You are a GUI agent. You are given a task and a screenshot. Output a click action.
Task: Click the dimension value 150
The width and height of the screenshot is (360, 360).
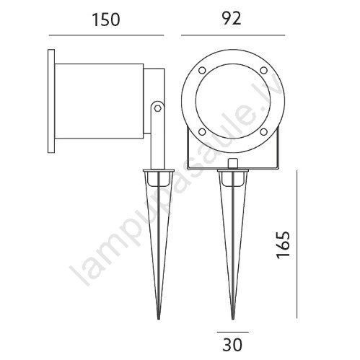pos(106,19)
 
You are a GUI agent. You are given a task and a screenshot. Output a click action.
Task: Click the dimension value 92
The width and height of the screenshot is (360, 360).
pos(232,18)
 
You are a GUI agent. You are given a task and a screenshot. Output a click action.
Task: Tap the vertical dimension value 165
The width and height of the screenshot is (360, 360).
pos(283,245)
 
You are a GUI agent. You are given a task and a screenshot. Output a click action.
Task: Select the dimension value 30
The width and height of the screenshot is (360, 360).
pos(232,345)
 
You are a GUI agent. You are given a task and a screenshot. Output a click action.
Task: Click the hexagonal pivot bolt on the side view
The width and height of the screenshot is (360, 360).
pos(157,107)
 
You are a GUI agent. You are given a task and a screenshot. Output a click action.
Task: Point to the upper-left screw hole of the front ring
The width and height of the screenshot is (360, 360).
pos(202,71)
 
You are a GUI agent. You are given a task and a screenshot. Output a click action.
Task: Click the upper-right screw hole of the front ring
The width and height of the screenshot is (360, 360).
pos(264,70)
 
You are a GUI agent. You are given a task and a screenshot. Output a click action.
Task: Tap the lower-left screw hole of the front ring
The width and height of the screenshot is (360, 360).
pos(202,132)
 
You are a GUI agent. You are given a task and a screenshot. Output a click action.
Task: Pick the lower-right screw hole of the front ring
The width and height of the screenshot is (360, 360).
pos(264,132)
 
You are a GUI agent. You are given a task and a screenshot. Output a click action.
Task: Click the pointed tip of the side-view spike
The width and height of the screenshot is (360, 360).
pos(159,319)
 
